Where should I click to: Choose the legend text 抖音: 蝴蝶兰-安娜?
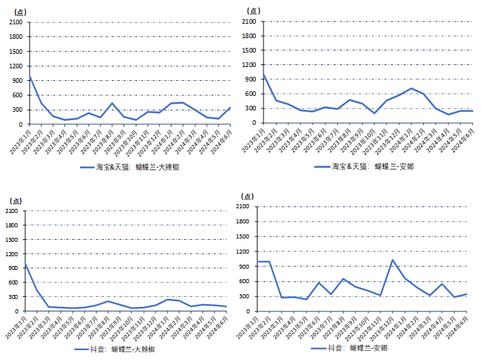[373, 348]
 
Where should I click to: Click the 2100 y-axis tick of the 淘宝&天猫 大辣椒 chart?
[16, 22]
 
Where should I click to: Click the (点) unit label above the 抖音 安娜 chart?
[248, 196]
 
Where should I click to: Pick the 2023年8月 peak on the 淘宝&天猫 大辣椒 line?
[112, 103]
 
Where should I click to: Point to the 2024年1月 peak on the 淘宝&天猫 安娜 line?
[411, 88]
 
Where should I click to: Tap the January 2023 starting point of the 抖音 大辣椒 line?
[26, 264]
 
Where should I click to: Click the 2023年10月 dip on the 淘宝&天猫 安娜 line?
[375, 113]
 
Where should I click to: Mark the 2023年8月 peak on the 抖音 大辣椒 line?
[108, 302]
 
